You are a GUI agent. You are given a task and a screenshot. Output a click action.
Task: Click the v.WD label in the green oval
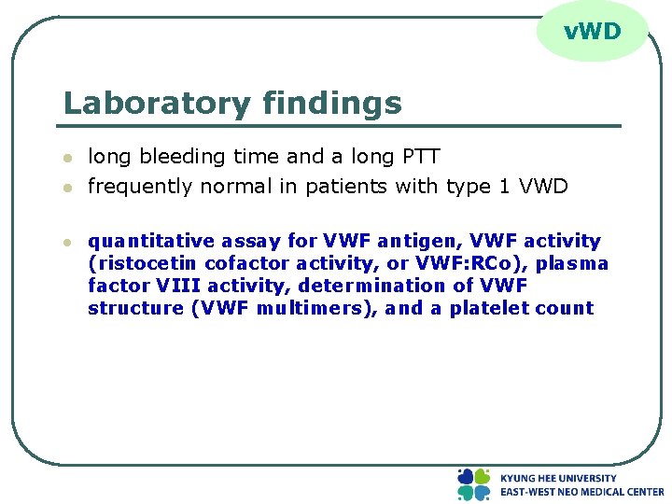[x=592, y=32]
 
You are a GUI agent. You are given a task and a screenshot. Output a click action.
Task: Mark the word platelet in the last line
[x=490, y=308]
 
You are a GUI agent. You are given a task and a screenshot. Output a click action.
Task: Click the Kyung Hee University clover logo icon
[x=473, y=484]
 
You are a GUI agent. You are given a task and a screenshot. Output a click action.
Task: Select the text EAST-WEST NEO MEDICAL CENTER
[x=581, y=492]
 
